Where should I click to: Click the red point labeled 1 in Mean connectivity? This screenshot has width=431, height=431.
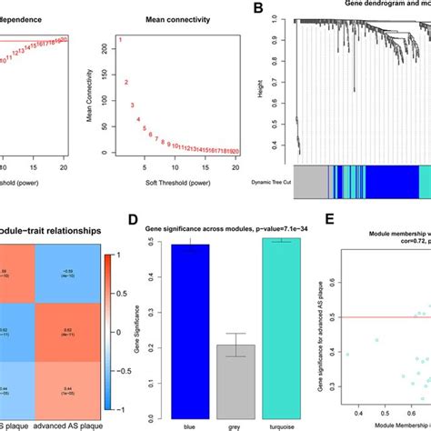coord(121,41)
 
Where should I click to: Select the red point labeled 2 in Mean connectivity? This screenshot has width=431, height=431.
coord(126,83)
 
